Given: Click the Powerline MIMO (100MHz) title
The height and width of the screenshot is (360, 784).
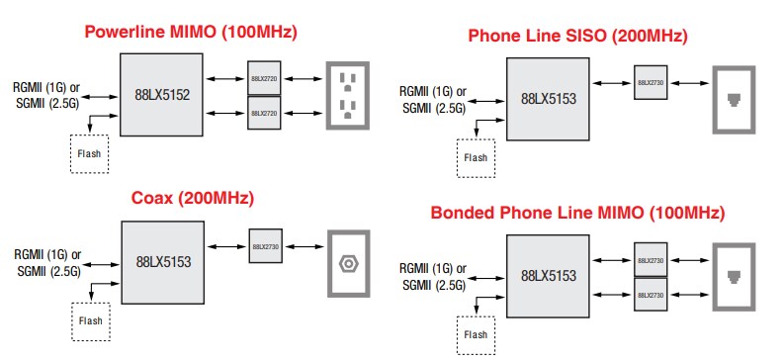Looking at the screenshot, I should pyautogui.click(x=191, y=31).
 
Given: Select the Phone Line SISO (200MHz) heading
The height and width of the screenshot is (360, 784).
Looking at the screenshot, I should pyautogui.click(x=577, y=37).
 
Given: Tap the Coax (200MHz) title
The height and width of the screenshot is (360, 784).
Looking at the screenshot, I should pyautogui.click(x=193, y=198).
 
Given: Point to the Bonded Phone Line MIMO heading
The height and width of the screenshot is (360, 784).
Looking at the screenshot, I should pyautogui.click(x=577, y=213).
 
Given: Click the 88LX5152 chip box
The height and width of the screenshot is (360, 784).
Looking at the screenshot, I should pyautogui.click(x=161, y=96).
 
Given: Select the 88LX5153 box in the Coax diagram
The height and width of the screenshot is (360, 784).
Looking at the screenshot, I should pyautogui.click(x=161, y=263).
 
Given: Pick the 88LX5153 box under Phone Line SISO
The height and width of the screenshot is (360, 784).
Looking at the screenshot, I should pyautogui.click(x=548, y=99).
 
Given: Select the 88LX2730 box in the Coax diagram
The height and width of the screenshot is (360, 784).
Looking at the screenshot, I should pyautogui.click(x=267, y=246).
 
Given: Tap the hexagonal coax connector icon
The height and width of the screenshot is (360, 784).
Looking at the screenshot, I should pyautogui.click(x=347, y=264).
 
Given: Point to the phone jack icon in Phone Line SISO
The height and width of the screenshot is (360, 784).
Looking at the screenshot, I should pyautogui.click(x=735, y=98).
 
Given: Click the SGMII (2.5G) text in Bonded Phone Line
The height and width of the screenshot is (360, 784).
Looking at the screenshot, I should pyautogui.click(x=432, y=286).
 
